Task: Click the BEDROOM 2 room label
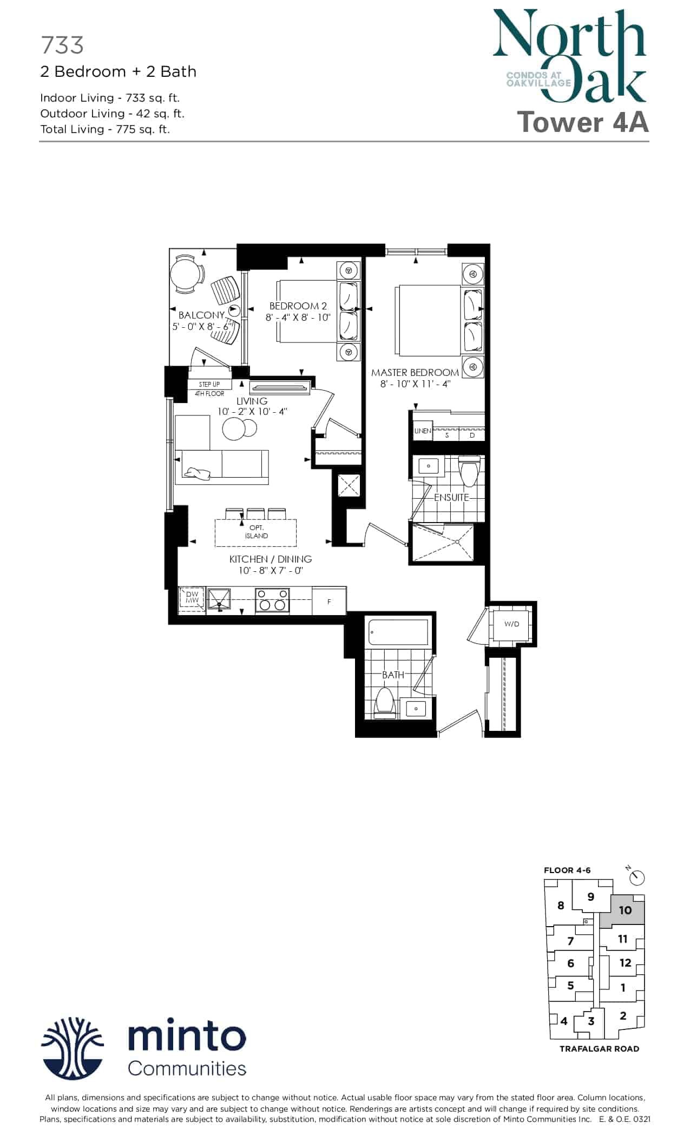298,306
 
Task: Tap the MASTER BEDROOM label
415,373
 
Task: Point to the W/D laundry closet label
511,624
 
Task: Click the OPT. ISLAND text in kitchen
257,532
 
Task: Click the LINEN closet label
423,431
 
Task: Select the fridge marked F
329,602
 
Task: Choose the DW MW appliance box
192,598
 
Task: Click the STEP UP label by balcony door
209,385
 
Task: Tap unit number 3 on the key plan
591,1021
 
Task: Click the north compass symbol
636,876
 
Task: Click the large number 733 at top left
62,45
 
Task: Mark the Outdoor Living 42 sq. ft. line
113,114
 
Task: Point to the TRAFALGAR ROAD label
599,1049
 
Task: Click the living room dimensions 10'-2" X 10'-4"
252,412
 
